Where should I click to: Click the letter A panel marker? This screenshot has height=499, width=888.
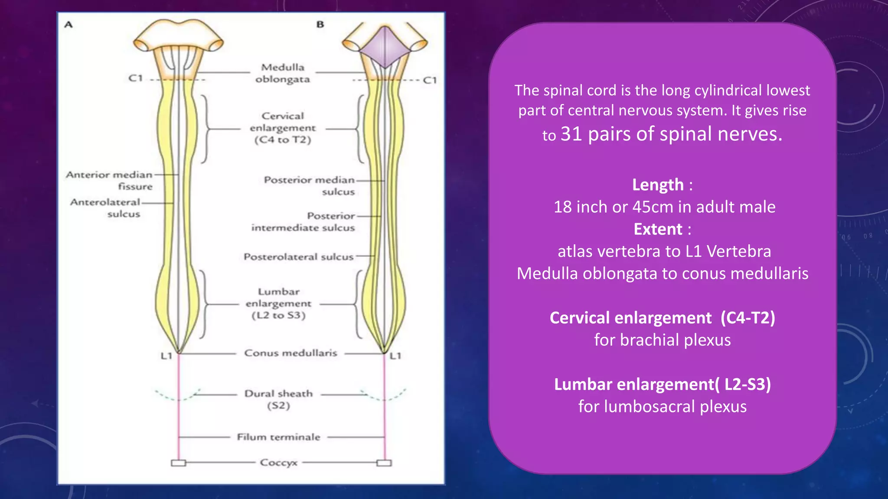(x=69, y=25)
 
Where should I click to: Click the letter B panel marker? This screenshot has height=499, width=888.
(x=320, y=25)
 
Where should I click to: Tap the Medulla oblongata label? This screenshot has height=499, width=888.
(x=283, y=73)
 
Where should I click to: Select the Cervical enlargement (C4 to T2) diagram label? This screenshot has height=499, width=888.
(x=283, y=128)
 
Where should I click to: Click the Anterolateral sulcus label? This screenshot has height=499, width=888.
(x=106, y=208)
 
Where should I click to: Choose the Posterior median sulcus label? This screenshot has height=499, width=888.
(x=310, y=185)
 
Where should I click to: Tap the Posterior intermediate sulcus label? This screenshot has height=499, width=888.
(x=304, y=221)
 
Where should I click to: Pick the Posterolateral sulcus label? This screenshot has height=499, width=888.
(x=299, y=257)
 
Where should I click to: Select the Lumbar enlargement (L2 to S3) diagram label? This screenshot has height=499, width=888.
(x=279, y=303)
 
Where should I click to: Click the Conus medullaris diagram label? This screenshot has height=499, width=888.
(x=291, y=353)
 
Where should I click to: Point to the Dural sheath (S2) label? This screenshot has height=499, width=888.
(x=279, y=399)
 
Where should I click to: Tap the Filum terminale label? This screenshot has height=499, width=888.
(x=279, y=437)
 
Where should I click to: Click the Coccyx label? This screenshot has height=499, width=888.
(x=279, y=463)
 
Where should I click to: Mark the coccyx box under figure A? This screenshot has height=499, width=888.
(x=178, y=463)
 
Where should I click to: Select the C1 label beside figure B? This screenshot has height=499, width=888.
(x=430, y=80)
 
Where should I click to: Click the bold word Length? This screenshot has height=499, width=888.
(x=658, y=185)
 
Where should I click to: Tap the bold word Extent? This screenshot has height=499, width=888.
(x=658, y=229)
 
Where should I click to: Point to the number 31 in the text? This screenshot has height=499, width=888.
(x=571, y=134)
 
